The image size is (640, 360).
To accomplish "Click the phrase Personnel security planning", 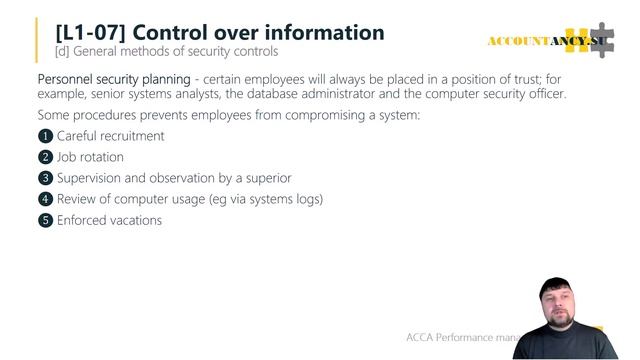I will click(112, 78).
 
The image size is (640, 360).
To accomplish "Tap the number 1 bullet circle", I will click(45, 136).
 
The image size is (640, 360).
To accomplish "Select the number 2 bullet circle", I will click(45, 157).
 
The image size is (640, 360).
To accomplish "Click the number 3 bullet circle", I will click(45, 178).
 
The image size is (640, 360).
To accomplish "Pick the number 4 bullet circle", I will click(45, 199).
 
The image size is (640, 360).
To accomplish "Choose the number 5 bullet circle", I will click(45, 220).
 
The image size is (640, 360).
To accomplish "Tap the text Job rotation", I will click(90, 157).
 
